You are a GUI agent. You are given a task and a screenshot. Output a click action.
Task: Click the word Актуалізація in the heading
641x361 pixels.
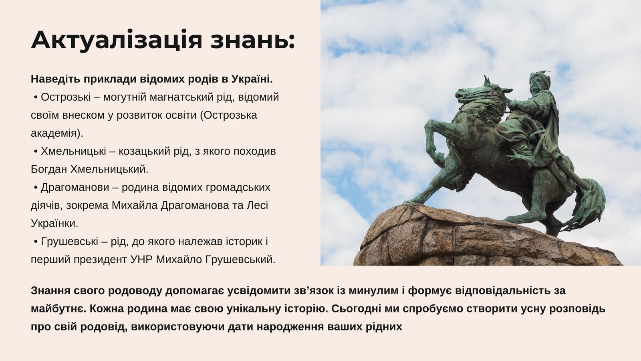point(117,41)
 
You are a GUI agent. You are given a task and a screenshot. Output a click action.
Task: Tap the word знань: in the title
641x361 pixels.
point(253,41)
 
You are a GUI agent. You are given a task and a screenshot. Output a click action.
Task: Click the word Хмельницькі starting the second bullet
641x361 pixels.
point(73,151)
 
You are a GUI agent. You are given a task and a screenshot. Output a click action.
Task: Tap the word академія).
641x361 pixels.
point(57,133)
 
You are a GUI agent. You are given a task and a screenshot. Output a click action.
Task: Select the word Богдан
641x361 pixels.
point(49,169)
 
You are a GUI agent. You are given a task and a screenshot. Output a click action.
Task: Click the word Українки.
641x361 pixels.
point(54,223)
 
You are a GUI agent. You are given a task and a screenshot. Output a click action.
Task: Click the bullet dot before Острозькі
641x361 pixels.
point(36,98)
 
